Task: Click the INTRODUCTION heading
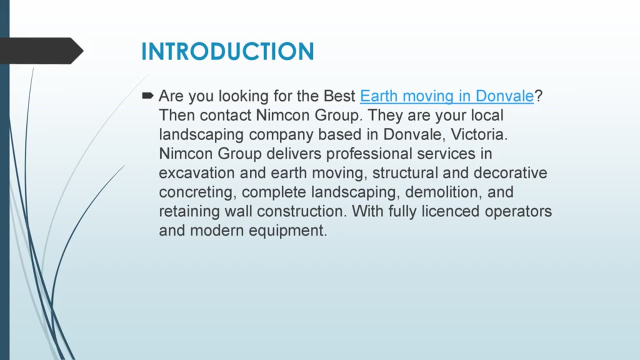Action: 227,51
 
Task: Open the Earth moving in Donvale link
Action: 447,96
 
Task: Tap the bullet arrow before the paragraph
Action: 147,95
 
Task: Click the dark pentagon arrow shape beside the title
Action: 41,51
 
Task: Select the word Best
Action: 339,96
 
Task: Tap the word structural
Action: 405,173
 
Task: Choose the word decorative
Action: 510,173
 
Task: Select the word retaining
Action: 189,211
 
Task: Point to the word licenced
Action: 450,211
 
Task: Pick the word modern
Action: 217,230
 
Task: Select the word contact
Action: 225,115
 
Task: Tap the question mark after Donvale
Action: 538,95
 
